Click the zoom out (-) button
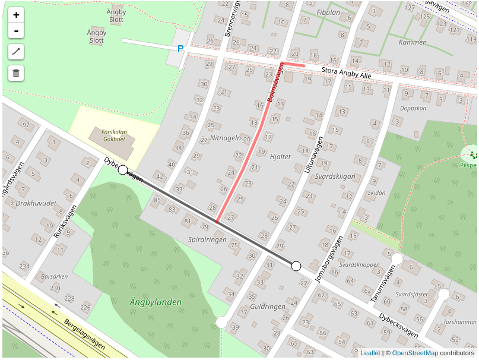pos(16,31)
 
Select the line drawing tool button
pos(16,52)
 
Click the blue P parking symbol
pos(180,49)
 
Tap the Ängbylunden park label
pos(156,302)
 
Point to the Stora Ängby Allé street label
pos(346,73)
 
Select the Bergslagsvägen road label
pos(84,336)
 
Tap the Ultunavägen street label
pos(314,154)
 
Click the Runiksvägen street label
pos(65,222)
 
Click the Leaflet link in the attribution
pos(370,353)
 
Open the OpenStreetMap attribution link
pos(415,353)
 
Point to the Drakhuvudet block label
pos(36,203)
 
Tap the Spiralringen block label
pos(207,240)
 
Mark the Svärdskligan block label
pos(335,177)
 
